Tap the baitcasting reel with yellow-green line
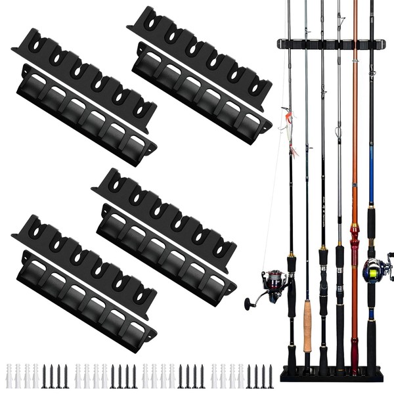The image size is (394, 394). point(375,269)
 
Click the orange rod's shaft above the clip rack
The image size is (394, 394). point(355,20)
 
